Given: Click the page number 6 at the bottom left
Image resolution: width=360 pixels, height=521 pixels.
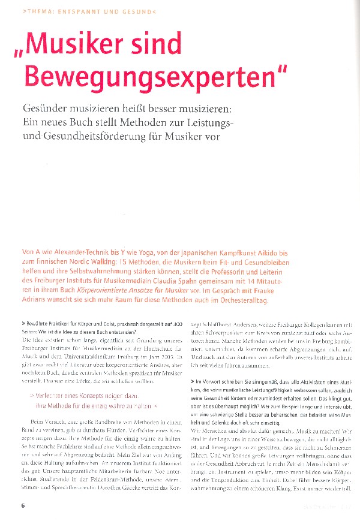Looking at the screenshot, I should point(23,505).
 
